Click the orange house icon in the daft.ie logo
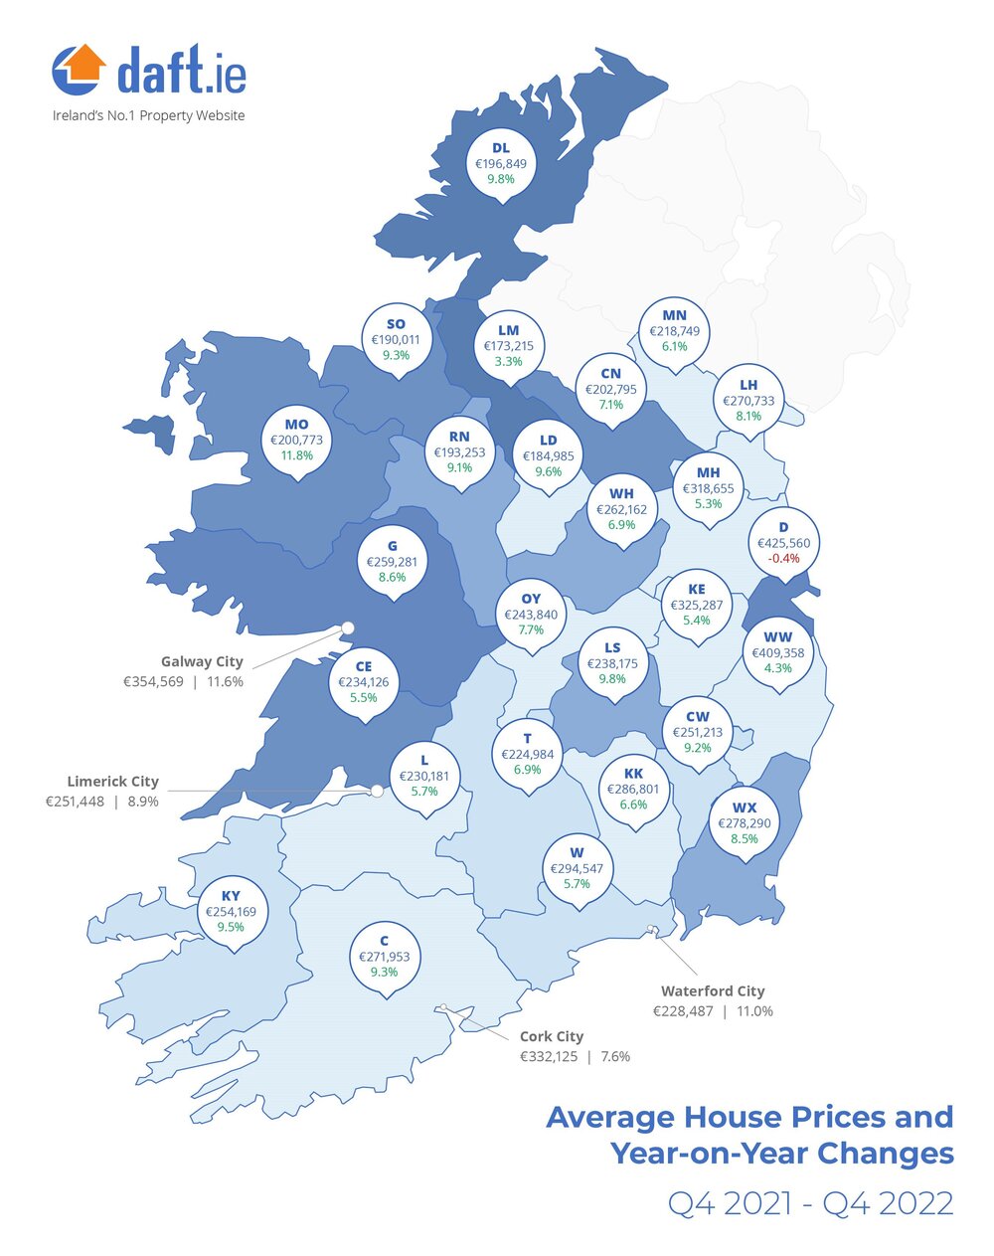pyautogui.click(x=79, y=68)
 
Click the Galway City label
pyautogui.click(x=202, y=661)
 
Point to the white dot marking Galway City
pyautogui.click(x=348, y=627)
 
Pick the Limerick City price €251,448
pyautogui.click(x=75, y=802)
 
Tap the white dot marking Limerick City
pyautogui.click(x=378, y=792)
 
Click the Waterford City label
pyautogui.click(x=713, y=990)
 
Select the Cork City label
pyautogui.click(x=552, y=1036)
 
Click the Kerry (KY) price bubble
pyautogui.click(x=231, y=912)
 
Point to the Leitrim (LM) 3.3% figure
pyautogui.click(x=508, y=361)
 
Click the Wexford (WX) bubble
pyautogui.click(x=745, y=823)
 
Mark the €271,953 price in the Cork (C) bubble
pyautogui.click(x=384, y=957)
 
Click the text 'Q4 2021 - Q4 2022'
pyautogui.click(x=810, y=1203)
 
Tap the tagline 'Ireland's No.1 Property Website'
pyautogui.click(x=148, y=115)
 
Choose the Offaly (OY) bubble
pyautogui.click(x=531, y=615)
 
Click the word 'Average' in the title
pyautogui.click(x=609, y=1117)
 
